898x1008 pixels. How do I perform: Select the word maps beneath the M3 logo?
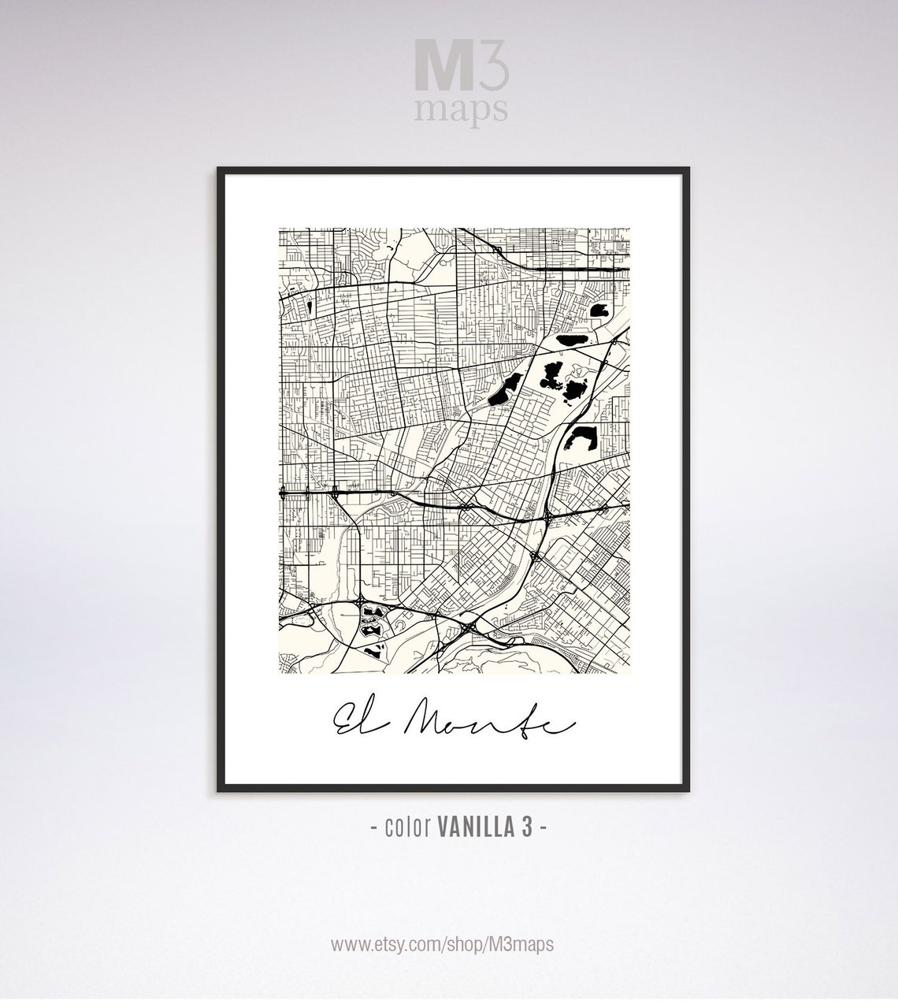click(x=461, y=111)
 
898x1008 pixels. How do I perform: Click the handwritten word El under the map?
click(x=351, y=718)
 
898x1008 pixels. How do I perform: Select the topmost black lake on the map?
click(x=599, y=311)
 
